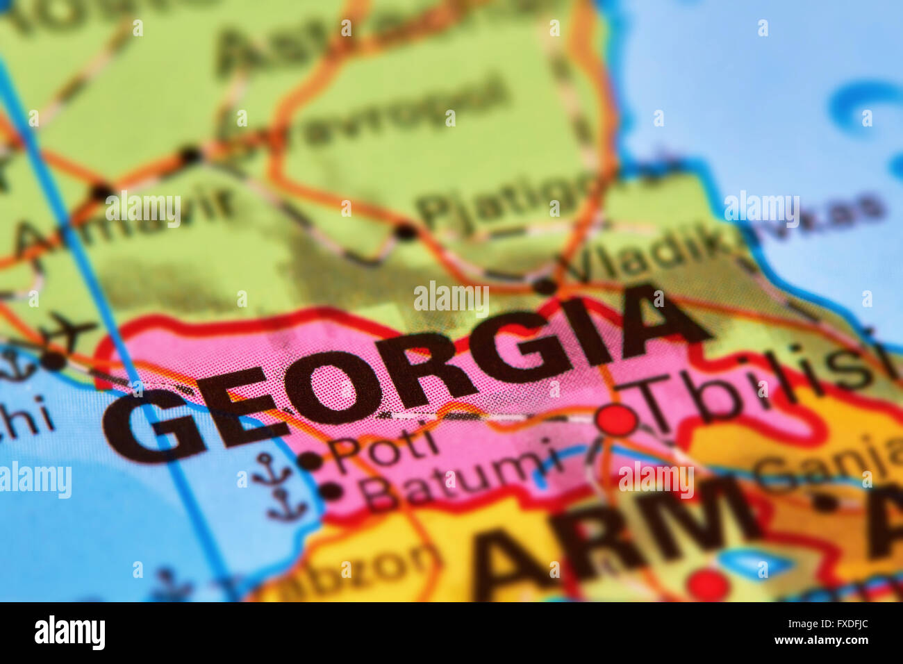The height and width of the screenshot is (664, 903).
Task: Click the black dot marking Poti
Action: [310, 460]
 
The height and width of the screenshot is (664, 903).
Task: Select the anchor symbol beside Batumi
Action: [286, 506]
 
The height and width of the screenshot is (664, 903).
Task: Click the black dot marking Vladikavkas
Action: [545, 285]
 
